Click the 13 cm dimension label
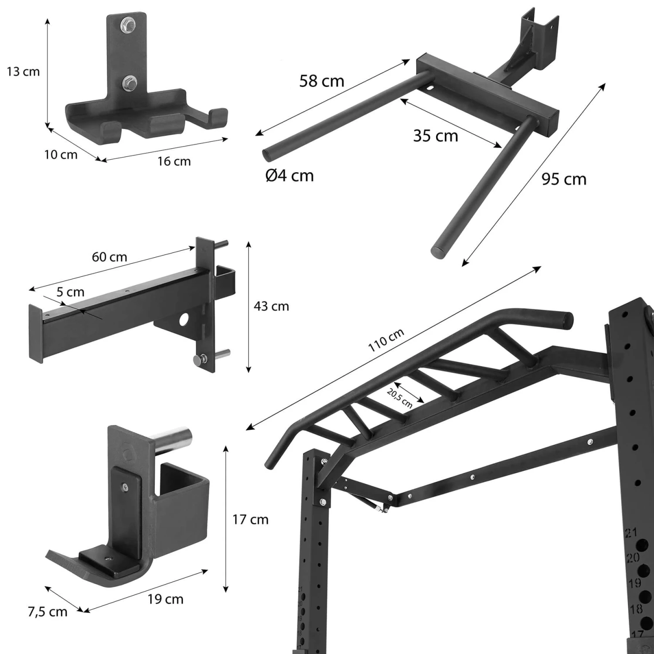pyautogui.click(x=23, y=72)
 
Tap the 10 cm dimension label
pyautogui.click(x=61, y=155)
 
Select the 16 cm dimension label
pyautogui.click(x=174, y=161)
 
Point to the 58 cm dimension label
pyautogui.click(x=322, y=81)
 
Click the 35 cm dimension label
pyautogui.click(x=436, y=136)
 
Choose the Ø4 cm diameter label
pyautogui.click(x=290, y=176)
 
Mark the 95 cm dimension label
pyautogui.click(x=564, y=179)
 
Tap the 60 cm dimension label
pyautogui.click(x=109, y=257)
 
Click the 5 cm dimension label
pyautogui.click(x=70, y=292)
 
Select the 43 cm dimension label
pyautogui.click(x=271, y=307)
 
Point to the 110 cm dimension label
pyautogui.click(x=386, y=340)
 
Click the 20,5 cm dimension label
pyautogui.click(x=399, y=398)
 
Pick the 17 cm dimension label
pyautogui.click(x=250, y=520)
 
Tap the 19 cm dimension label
pyautogui.click(x=165, y=599)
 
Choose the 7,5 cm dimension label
pyautogui.click(x=48, y=612)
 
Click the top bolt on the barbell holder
pyautogui.click(x=129, y=24)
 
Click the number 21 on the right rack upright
pyautogui.click(x=631, y=532)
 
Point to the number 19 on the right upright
pyautogui.click(x=635, y=583)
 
